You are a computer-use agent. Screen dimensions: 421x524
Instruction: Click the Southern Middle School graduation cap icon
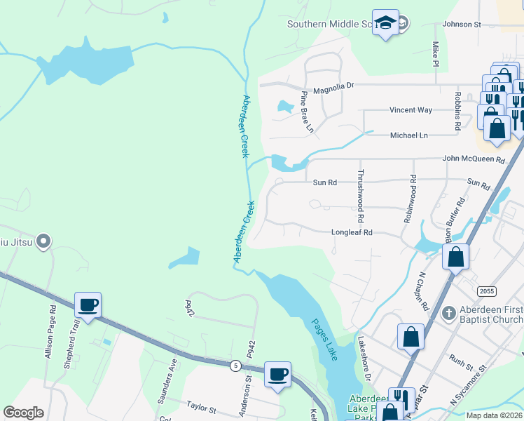385,23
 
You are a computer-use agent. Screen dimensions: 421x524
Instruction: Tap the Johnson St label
463,25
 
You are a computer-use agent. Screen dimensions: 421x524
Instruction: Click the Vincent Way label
411,110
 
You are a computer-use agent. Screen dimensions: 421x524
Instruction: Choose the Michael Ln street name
408,135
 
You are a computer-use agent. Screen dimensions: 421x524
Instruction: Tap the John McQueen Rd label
474,160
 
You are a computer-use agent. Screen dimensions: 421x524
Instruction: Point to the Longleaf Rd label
352,232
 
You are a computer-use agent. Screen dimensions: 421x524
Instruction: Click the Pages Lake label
324,340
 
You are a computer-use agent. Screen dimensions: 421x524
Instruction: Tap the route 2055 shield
486,290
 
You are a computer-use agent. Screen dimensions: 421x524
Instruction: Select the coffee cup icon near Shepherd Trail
88,306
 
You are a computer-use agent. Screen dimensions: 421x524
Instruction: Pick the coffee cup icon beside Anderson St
277,374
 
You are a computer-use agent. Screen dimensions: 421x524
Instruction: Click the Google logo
23,413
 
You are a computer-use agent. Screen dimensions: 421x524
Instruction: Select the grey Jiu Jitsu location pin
43,242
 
